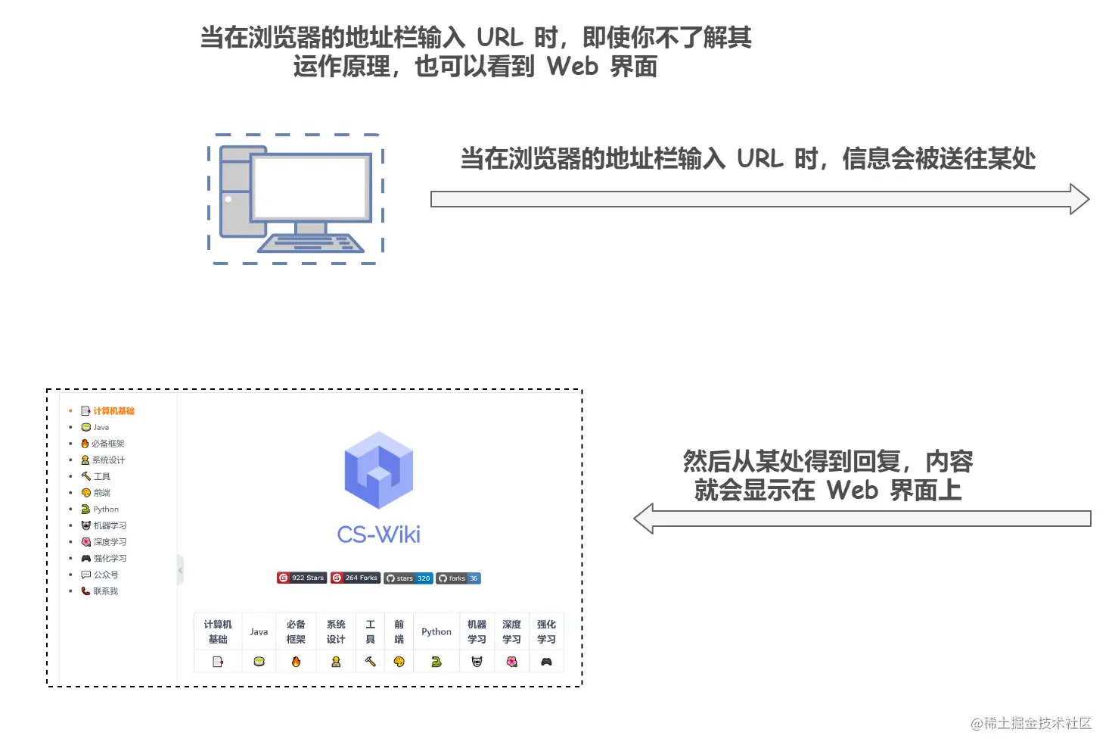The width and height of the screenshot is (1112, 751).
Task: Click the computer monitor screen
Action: coord(311,186)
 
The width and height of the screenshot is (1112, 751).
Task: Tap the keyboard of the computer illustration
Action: coord(311,243)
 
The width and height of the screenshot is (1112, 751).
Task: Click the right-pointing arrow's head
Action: coord(1079,199)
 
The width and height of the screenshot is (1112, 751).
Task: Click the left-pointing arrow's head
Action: coord(645,519)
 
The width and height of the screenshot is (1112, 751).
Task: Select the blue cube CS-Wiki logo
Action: coord(378,470)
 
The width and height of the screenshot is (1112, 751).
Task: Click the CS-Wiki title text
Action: coord(378,534)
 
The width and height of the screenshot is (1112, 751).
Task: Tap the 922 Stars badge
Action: coord(302,578)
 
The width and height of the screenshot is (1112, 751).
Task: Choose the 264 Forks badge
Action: coord(356,578)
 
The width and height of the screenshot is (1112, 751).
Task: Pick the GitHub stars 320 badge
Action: coord(408,578)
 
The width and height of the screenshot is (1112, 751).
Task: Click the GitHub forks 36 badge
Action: coord(458,578)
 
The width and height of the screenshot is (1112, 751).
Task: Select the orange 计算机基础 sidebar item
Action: coord(113,411)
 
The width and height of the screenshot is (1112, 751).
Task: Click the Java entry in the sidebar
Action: coord(101,428)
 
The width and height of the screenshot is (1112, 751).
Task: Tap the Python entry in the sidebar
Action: coord(105,509)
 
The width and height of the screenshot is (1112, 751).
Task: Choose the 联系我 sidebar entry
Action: coord(105,591)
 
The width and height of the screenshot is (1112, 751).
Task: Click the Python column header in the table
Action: coord(436,631)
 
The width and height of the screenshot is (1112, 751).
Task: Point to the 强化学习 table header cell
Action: coord(546,631)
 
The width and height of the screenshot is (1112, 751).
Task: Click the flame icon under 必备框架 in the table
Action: coord(296,662)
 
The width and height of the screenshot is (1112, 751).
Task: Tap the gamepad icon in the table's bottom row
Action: coord(546,662)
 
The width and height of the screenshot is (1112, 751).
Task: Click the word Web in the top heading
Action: coord(573,67)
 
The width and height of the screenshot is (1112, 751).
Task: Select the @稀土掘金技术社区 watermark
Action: coord(1031,724)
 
